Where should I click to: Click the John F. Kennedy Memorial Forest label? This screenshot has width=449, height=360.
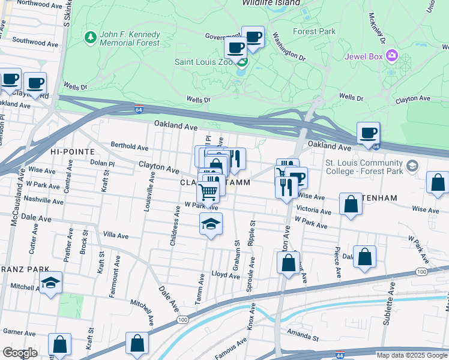pos(130,38)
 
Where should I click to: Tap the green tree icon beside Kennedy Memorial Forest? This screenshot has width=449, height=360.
pos(91,38)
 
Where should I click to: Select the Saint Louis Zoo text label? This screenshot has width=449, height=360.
pos(202,61)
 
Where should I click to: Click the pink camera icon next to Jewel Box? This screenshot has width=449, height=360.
pos(392,56)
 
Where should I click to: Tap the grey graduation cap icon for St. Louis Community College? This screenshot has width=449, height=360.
pos(412,166)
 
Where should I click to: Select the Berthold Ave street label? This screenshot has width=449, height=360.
pos(129,147)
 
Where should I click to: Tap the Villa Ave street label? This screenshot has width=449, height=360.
pos(116,235)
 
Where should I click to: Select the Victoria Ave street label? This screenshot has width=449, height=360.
pos(314,211)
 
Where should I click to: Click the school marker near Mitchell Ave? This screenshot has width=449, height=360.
pos(51,283)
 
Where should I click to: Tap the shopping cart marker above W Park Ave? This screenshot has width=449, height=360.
pos(208,193)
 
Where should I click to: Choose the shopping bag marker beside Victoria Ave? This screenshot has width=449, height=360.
pos(351,204)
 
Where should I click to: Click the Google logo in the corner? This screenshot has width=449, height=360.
pos(20,352)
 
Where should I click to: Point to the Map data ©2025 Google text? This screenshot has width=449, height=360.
pos(411,355)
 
